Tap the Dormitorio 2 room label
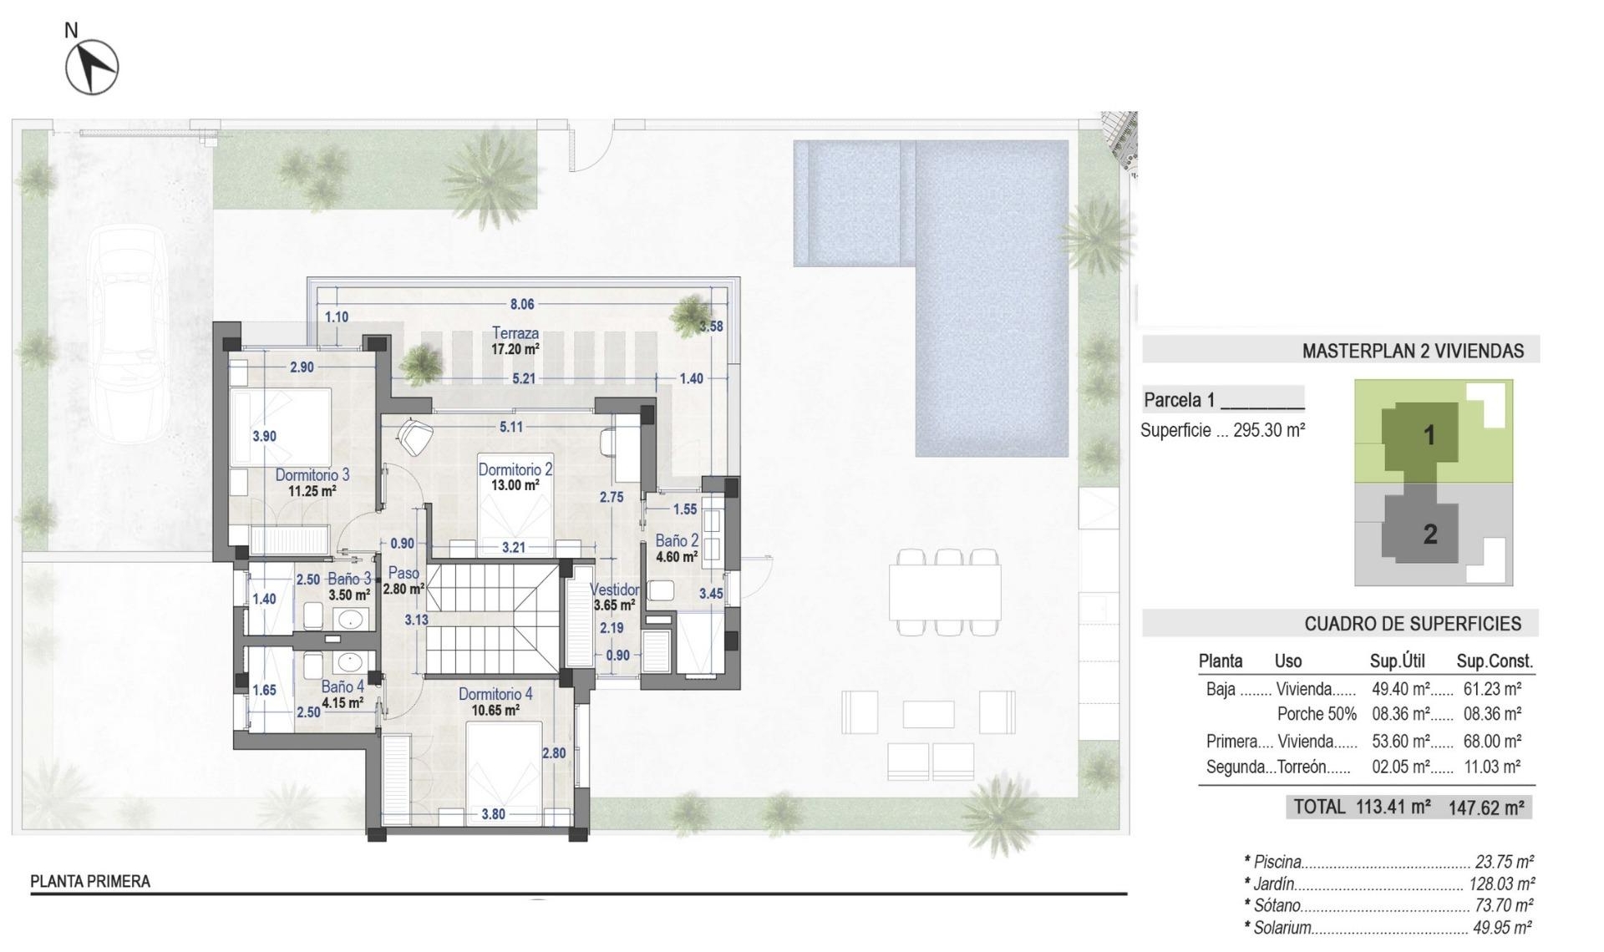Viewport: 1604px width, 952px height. point(515,470)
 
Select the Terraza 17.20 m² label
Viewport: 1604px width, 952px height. point(515,341)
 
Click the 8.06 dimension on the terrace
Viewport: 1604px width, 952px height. point(522,305)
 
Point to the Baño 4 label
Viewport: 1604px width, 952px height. point(343,687)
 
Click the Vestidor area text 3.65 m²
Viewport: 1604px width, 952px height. point(614,605)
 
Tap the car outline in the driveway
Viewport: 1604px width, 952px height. point(129,334)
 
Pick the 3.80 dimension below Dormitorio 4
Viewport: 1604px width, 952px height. point(493,814)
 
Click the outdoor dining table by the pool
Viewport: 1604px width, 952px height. point(945,591)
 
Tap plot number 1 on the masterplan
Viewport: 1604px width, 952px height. point(1429,435)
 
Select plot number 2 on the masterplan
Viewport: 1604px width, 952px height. point(1429,534)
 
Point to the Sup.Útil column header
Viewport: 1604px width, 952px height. point(1397,661)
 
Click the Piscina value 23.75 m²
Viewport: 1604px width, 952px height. point(1504,862)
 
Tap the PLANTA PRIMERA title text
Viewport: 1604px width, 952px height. point(90,882)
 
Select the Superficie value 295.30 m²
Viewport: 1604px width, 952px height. point(1269,431)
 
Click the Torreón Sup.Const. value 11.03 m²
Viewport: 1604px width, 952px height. point(1491,767)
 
